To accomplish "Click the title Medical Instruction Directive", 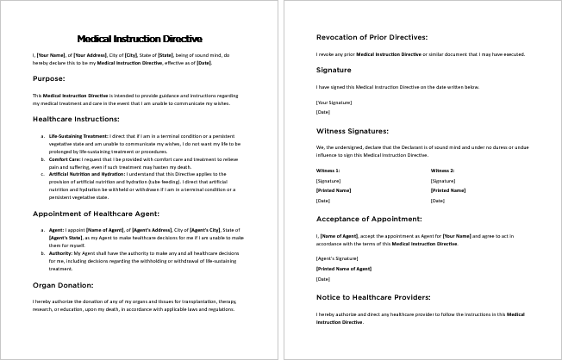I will (140, 39).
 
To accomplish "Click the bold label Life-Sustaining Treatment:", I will (78, 136).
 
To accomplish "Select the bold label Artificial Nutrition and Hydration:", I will (87, 174).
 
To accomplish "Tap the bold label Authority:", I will (62, 253).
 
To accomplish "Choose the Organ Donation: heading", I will (63, 284).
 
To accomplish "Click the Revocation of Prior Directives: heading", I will (371, 37).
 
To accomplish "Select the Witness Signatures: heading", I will (352, 131).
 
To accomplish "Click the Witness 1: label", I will (328, 171).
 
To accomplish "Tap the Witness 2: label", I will (442, 171).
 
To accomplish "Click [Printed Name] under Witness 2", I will (447, 190).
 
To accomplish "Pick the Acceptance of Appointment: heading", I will (368, 219).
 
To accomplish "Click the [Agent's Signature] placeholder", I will (337, 258).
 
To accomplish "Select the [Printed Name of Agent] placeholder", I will (343, 269).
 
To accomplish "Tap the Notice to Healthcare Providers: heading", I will (372, 297).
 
